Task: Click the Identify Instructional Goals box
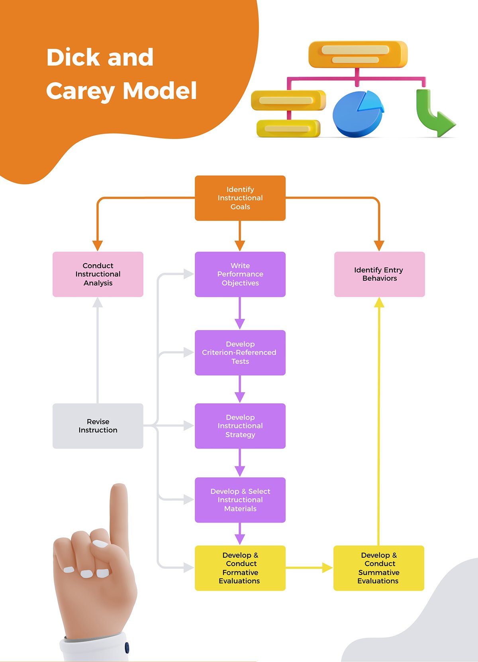240,198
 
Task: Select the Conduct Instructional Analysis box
98,274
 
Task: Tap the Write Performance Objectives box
240,274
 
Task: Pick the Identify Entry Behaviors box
379,274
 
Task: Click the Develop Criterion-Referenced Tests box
240,353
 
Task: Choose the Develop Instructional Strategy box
240,426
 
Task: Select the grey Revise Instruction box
98,426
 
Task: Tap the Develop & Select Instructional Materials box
240,500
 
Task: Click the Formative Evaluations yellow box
240,568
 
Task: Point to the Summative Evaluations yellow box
378,568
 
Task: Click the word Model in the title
160,91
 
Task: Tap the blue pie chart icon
358,115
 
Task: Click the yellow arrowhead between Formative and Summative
327,568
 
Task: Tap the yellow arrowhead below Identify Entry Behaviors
379,303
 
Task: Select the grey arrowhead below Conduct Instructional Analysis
98,303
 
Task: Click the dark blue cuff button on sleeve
127,647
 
